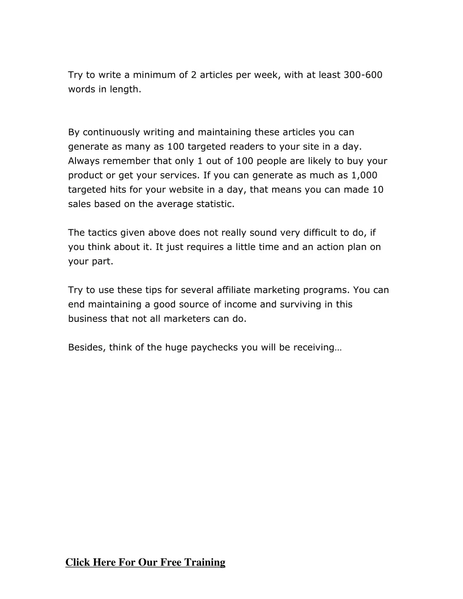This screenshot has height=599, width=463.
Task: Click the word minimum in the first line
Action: pos(154,75)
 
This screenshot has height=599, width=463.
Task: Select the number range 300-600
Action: pos(363,75)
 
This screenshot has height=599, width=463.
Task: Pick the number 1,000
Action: pos(364,175)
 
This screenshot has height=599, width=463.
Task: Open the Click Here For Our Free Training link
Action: pos(145,562)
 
